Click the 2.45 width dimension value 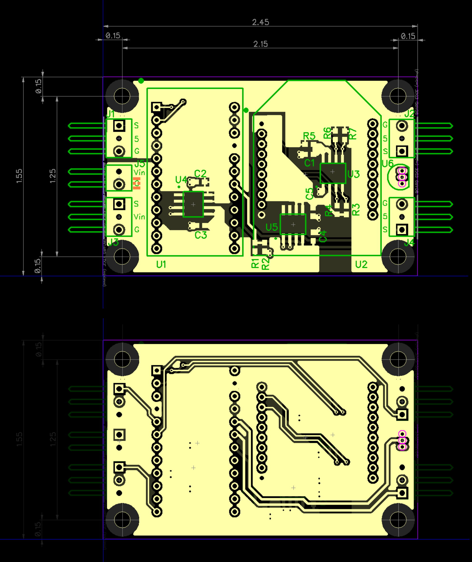[260, 22]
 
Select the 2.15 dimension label [260, 44]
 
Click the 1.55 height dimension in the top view [19, 176]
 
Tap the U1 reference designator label [161, 264]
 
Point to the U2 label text [361, 264]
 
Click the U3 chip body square [333, 173]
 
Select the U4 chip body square [193, 204]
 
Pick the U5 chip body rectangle [293, 224]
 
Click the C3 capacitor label [201, 235]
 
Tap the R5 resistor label [309, 136]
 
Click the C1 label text [309, 163]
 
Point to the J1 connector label [110, 114]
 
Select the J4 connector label [409, 243]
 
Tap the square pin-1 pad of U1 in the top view [157, 107]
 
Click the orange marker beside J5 [137, 183]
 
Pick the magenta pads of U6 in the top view [402, 177]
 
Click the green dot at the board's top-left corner [141, 81]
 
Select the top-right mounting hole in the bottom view [398, 359]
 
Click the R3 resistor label [356, 209]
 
